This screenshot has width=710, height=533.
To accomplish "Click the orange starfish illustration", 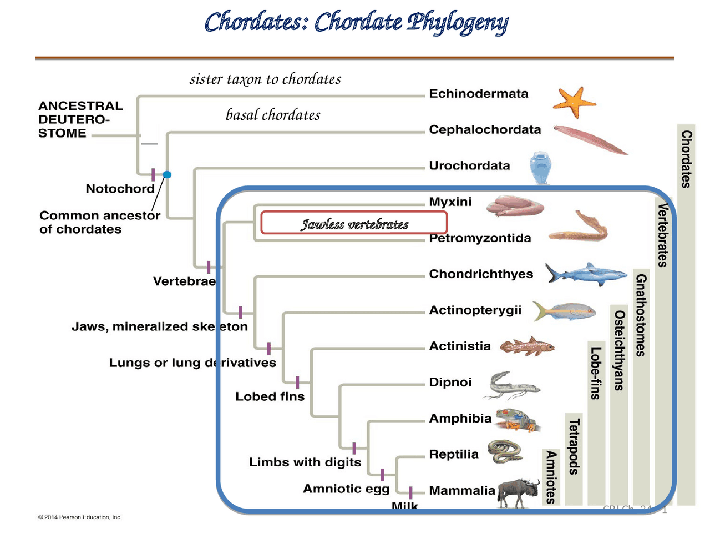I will tap(573, 102).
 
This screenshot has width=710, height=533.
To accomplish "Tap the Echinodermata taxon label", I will tap(478, 94).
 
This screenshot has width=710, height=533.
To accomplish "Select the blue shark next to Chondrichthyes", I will tap(585, 274).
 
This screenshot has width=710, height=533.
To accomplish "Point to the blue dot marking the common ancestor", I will tap(167, 175).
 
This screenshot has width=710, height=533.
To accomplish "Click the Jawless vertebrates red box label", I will tap(354, 223).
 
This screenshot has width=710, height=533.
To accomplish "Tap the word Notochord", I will tap(120, 189).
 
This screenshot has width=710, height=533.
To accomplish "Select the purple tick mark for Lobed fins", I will tap(297, 382).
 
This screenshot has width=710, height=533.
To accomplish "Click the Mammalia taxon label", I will tap(461, 491).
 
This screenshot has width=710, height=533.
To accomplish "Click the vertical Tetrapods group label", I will tap(574, 447).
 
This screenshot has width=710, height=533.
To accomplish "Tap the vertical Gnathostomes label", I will tap(641, 315).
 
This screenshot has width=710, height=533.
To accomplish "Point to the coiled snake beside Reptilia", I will tap(505, 451).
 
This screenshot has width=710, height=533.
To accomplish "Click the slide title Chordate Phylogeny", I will tap(356, 23).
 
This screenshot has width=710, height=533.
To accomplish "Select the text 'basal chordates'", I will tap(273, 115).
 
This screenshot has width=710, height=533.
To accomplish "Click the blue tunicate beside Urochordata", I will tap(540, 167).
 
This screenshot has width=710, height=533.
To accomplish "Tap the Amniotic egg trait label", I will tap(346, 489).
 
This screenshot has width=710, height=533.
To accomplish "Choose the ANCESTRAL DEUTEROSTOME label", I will tap(80, 119).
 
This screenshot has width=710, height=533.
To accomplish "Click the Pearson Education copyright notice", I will tap(79, 517).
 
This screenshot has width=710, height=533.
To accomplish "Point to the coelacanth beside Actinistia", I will tap(527, 346).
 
